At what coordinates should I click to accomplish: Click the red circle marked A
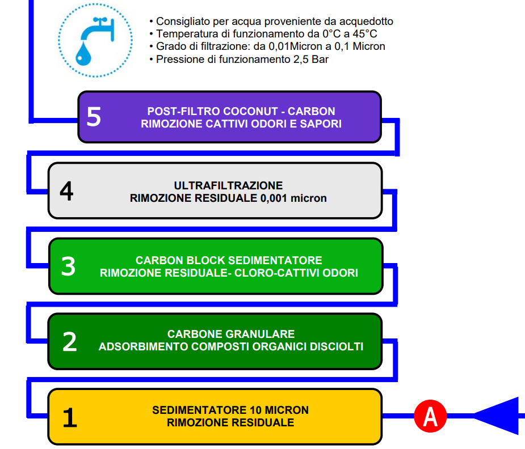click(430, 416)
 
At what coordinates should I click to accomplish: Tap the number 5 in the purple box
click(94, 117)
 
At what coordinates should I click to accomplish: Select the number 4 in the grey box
click(66, 191)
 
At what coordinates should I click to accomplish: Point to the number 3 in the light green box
click(68, 266)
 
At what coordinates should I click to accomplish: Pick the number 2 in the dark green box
click(70, 342)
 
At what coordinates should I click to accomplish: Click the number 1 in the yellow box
click(70, 418)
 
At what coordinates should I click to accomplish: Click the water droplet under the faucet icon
click(83, 53)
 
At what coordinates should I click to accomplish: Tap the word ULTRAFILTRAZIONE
click(228, 185)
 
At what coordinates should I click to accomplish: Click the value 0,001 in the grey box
click(274, 198)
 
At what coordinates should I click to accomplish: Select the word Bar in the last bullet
click(320, 60)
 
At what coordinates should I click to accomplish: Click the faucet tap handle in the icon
click(100, 20)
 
